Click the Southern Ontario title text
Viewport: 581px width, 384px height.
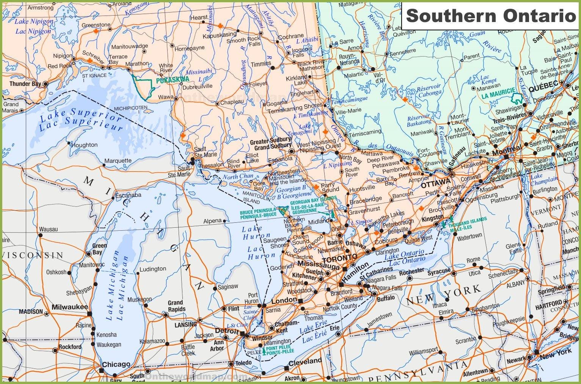(491, 16)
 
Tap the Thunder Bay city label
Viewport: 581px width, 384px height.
(25, 84)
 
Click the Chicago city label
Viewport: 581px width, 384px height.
(116, 364)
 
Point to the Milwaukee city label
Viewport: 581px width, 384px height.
(70, 307)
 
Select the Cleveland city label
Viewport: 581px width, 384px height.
(305, 362)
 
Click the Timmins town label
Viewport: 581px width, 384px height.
(261, 64)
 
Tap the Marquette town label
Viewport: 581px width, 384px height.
(118, 161)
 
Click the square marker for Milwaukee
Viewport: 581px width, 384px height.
(90, 314)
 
